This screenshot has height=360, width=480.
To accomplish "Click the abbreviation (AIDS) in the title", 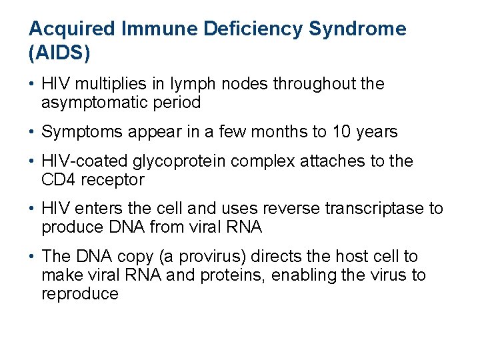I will [59, 53].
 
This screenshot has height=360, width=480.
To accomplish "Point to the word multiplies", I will [100, 84].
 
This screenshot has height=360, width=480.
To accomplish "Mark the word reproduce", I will [80, 293].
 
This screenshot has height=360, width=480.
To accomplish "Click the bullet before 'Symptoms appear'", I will [33, 132].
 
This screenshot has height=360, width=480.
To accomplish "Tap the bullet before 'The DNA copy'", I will [33, 257].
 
